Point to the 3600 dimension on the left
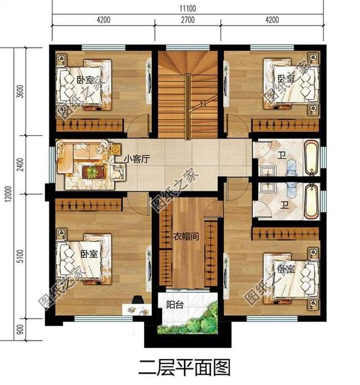coord(20,91)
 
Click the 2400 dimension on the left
coord(20,165)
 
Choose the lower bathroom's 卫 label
coord(285,205)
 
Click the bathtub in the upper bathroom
coord(311,158)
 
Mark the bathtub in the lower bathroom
coord(311,199)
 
